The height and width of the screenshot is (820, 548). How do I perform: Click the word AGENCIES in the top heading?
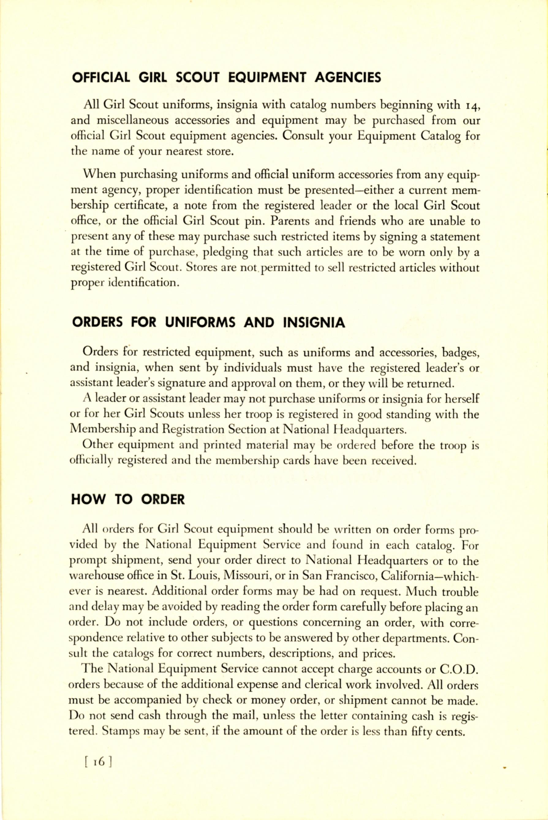[x=347, y=77]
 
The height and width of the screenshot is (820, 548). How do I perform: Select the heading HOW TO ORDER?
[x=128, y=499]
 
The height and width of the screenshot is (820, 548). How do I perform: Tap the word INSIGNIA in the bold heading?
[x=314, y=322]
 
